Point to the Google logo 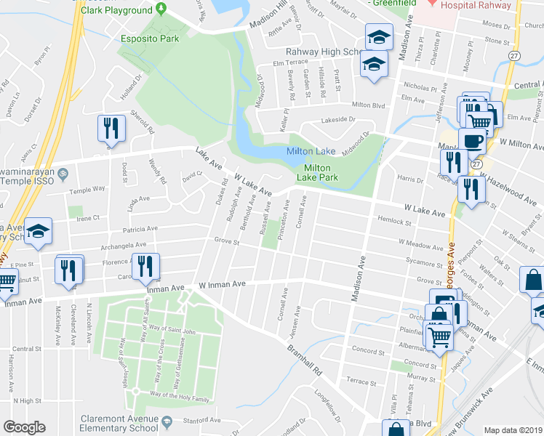click(x=24, y=427)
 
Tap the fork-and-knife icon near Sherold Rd click(x=111, y=129)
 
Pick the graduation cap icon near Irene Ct click(x=38, y=231)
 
